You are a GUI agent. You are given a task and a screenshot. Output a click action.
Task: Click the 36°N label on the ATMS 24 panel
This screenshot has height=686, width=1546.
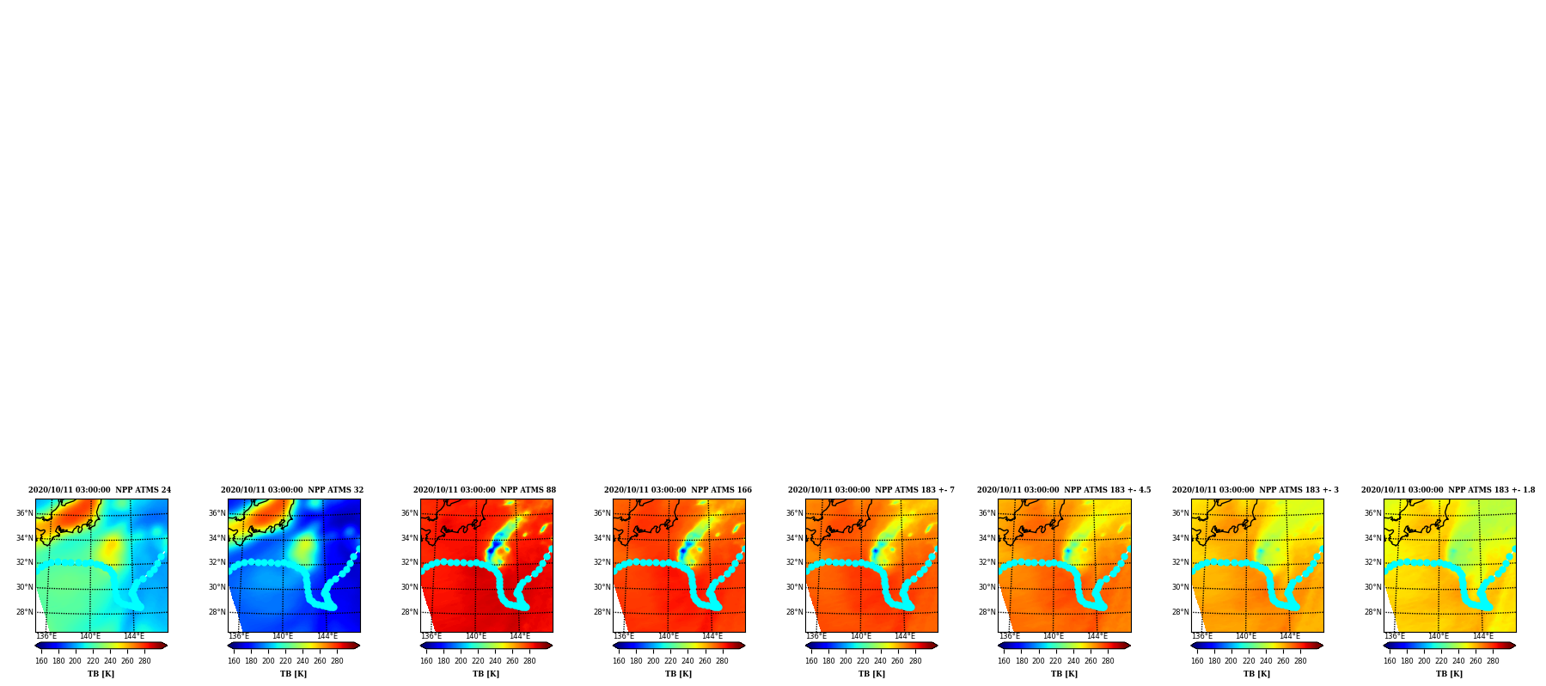(24, 513)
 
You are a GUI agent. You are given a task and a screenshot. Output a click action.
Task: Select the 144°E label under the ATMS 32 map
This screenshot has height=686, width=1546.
(327, 636)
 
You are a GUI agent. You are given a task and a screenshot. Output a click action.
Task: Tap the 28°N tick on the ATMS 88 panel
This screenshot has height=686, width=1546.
(409, 612)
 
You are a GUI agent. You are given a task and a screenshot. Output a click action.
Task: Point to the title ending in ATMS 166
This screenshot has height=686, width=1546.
(678, 490)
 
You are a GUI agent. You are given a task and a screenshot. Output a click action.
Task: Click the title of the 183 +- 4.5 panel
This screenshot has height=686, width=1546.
(1064, 490)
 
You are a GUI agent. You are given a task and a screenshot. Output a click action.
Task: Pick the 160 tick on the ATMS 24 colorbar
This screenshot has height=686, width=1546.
(41, 661)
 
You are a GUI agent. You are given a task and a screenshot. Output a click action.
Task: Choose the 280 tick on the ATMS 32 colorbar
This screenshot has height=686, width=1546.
(337, 661)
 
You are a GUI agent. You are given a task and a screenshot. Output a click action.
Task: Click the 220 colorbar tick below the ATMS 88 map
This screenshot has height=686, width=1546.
(478, 661)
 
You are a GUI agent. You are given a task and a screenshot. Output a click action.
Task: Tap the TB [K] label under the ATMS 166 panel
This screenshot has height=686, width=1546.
(678, 674)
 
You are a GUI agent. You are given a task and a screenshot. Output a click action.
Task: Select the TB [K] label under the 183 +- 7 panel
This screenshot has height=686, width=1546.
(871, 674)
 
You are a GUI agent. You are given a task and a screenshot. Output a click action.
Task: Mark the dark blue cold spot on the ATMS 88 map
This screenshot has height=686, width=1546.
(490, 550)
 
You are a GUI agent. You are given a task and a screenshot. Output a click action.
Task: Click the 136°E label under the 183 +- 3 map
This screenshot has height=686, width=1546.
(1201, 636)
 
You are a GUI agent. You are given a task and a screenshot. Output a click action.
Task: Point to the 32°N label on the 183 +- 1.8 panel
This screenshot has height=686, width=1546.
(1372, 562)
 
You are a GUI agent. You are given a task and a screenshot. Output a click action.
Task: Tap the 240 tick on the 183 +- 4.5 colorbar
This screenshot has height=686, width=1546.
(1073, 661)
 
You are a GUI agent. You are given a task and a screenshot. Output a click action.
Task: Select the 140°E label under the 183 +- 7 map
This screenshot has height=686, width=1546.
(861, 636)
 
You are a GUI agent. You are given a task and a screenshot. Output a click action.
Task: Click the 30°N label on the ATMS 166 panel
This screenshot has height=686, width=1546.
(602, 587)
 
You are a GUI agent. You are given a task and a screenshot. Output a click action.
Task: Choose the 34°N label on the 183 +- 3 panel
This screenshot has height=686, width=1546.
(1180, 538)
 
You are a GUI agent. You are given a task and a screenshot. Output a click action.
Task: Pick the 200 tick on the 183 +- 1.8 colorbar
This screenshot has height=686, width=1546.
(1424, 661)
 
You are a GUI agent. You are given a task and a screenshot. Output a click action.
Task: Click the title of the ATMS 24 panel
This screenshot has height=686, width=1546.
(100, 490)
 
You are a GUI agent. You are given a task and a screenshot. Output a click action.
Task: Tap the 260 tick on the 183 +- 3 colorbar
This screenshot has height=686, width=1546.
(1283, 661)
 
